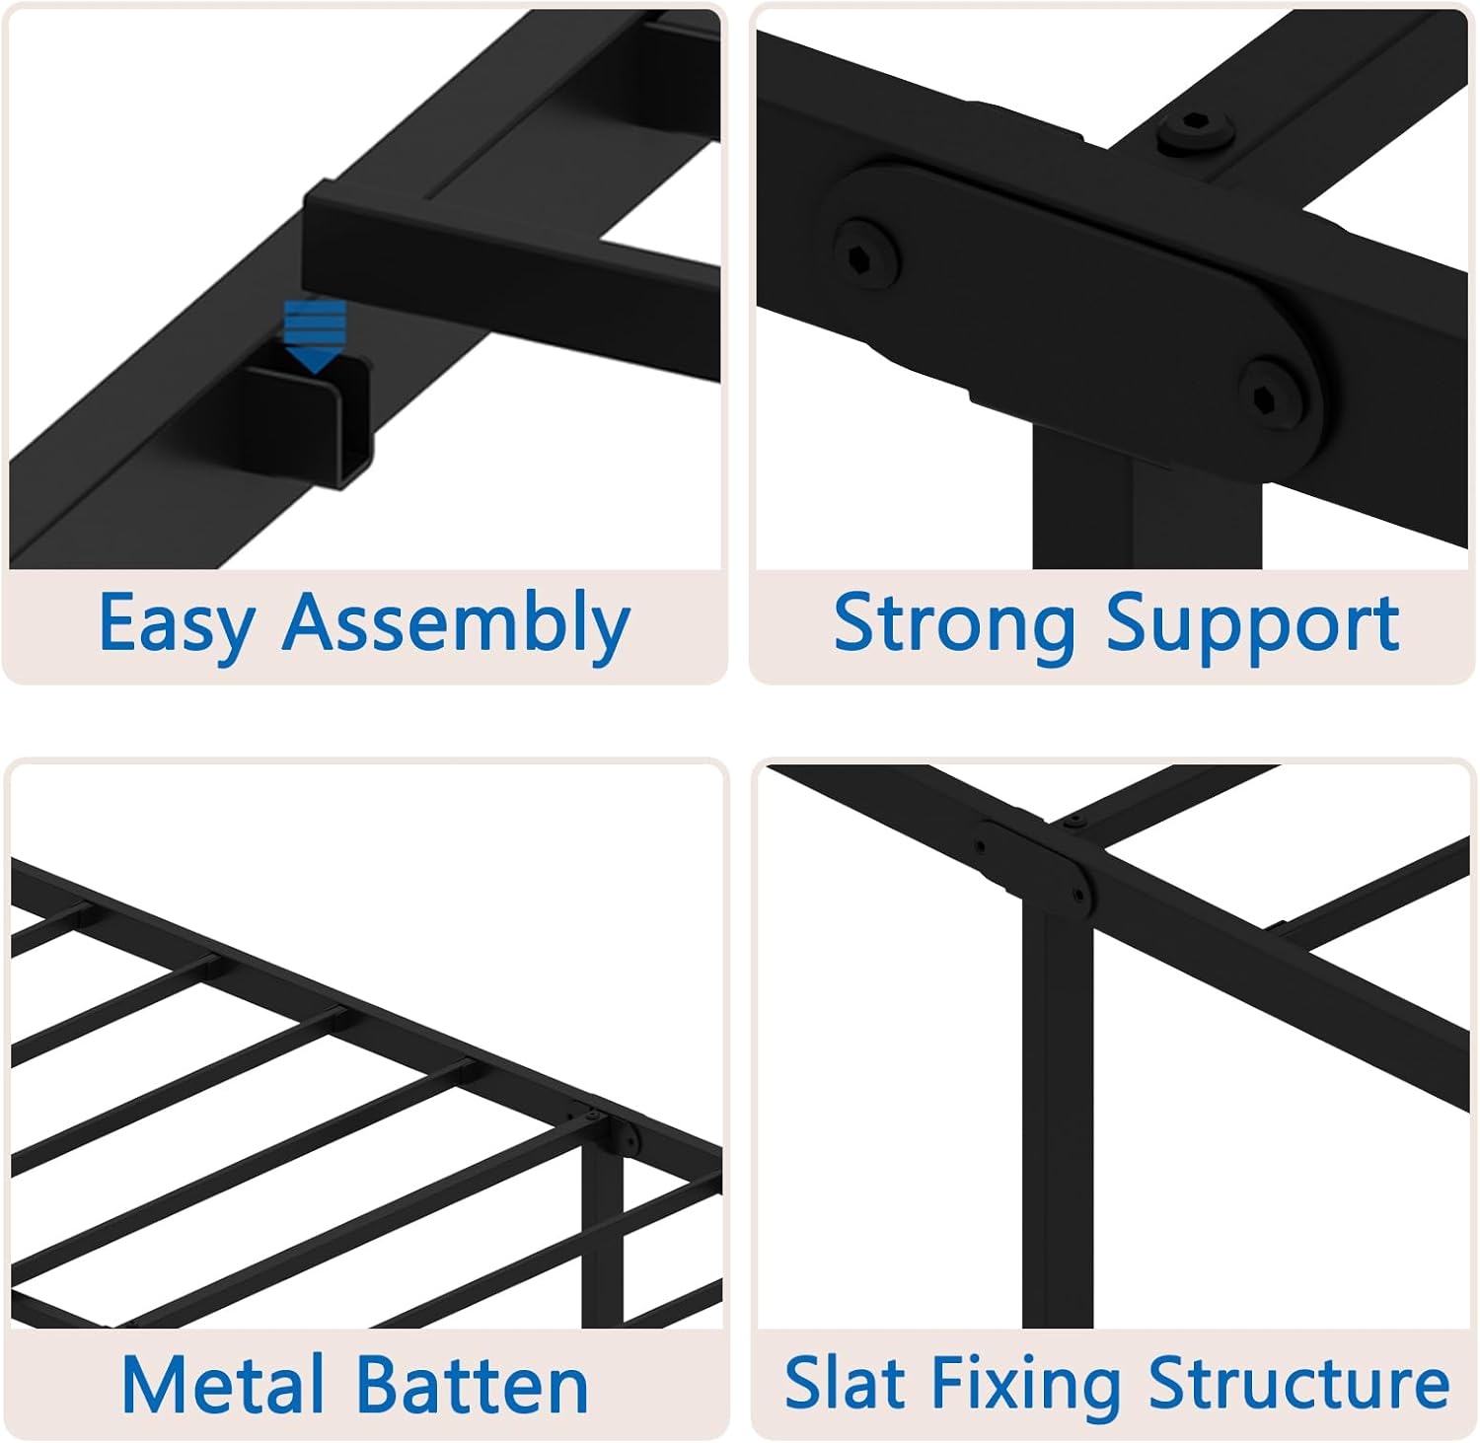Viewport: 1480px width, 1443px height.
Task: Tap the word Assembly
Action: click(x=456, y=624)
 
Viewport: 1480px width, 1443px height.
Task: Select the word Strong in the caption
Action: click(x=953, y=622)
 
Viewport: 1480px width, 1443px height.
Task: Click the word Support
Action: click(x=1252, y=624)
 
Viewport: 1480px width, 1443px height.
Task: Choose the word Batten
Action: click(x=472, y=1384)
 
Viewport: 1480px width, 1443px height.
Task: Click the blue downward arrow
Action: click(x=315, y=336)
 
